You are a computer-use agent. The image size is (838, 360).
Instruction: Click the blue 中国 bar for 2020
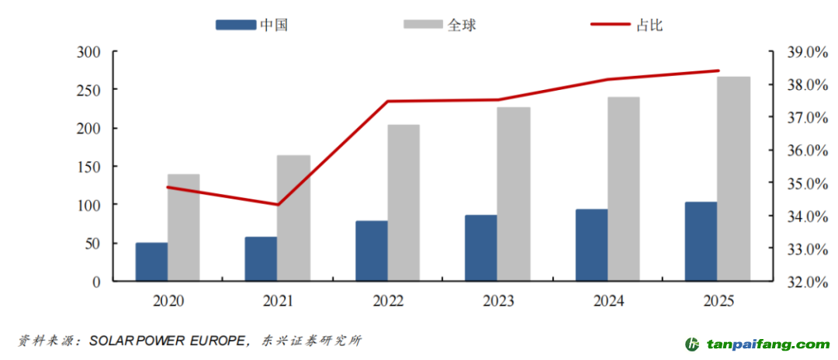coord(151,261)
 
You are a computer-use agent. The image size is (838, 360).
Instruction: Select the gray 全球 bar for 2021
coord(293,218)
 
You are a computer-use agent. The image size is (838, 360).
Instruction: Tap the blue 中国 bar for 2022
coord(372,251)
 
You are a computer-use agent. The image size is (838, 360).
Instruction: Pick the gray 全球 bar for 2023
coord(514,194)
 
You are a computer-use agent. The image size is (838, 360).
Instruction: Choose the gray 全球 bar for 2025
coord(733,178)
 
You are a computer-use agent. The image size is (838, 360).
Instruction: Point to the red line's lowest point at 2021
coord(278,205)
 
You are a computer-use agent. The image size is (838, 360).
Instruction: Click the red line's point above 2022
coord(387,102)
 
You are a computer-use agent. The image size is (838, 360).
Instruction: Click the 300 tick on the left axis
coord(89,52)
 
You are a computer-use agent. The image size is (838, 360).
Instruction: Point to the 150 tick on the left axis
coord(89,167)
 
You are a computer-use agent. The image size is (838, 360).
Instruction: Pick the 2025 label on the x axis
coord(717,302)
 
